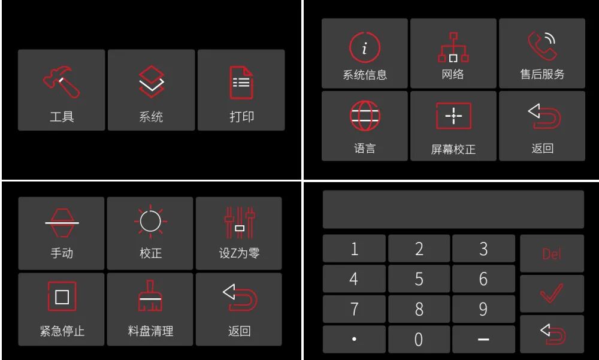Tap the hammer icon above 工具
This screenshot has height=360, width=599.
click(x=61, y=83)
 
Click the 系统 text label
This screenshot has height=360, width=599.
click(x=151, y=117)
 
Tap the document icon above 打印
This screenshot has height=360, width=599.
click(x=241, y=83)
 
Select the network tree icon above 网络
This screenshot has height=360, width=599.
click(x=453, y=48)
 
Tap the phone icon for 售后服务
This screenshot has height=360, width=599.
click(x=542, y=47)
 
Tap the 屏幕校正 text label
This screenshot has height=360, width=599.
click(x=453, y=149)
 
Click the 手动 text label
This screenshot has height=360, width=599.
click(x=62, y=253)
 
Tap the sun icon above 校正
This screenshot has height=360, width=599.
click(x=150, y=222)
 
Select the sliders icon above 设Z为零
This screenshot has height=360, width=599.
click(x=240, y=222)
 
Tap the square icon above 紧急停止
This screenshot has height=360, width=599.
click(x=62, y=297)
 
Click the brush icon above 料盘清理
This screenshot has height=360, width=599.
click(x=150, y=297)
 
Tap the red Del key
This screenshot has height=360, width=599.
click(x=552, y=253)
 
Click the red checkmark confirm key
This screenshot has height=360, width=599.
click(x=552, y=294)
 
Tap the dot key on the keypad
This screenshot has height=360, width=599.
click(x=354, y=339)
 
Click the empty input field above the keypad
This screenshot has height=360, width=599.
click(x=453, y=210)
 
